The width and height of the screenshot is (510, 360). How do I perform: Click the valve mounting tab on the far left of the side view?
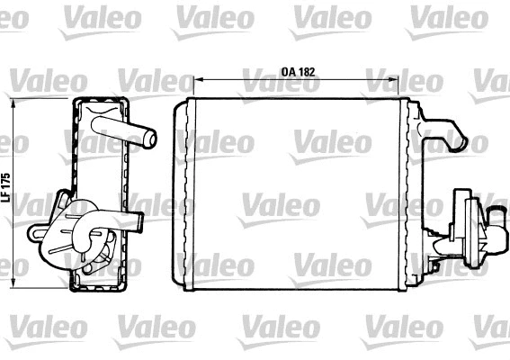[x=36, y=233]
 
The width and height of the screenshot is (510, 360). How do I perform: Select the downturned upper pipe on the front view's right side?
[x=450, y=132]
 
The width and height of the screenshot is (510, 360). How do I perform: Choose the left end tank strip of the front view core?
[x=184, y=193]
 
